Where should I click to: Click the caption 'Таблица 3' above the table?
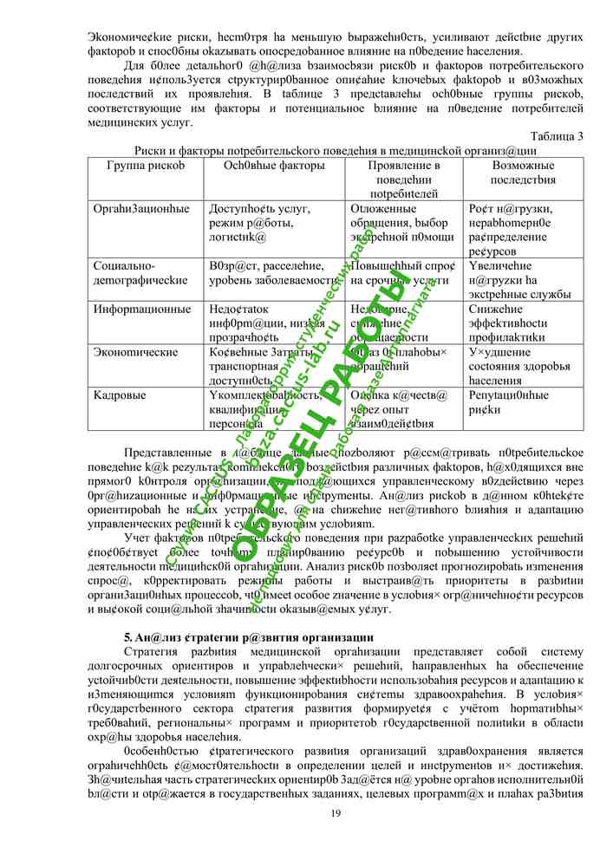click(556, 136)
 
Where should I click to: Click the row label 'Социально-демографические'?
click(140, 273)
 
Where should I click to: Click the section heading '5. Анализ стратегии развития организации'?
click(237, 637)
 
